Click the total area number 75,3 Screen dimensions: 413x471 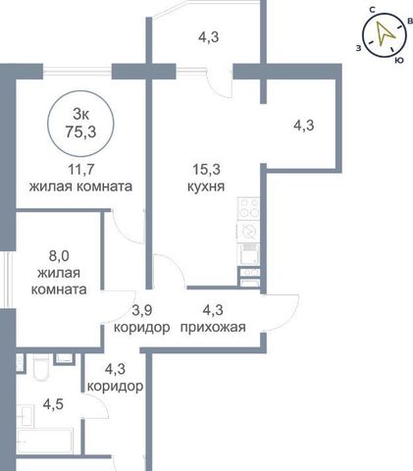pyautogui.click(x=80, y=132)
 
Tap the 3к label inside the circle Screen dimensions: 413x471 pyautogui.click(x=81, y=115)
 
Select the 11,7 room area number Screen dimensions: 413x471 pyautogui.click(x=81, y=170)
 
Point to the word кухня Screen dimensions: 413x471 pyautogui.click(x=206, y=186)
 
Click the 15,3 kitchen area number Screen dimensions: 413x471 pyautogui.click(x=206, y=170)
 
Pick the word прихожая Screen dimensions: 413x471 pyautogui.click(x=213, y=327)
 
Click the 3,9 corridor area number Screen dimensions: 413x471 pyautogui.click(x=142, y=310)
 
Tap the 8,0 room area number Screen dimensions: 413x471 pyautogui.click(x=59, y=256)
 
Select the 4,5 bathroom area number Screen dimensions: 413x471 pyautogui.click(x=53, y=404)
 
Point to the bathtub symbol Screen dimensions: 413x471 pyautogui.click(x=44, y=442)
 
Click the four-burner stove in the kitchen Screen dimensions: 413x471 pyautogui.click(x=248, y=209)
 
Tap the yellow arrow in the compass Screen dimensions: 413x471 pyautogui.click(x=384, y=33)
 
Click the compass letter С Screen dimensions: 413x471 pyautogui.click(x=372, y=10)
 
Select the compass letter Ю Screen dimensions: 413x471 pyautogui.click(x=399, y=60)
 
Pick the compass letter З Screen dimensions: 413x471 pyautogui.click(x=359, y=48)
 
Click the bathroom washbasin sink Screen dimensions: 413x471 pyautogui.click(x=26, y=415)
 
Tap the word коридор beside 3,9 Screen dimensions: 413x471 pyautogui.click(x=142, y=327)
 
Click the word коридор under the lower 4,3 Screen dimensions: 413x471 pyautogui.click(x=115, y=387)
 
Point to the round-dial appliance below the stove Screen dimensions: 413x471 pyautogui.click(x=248, y=232)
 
